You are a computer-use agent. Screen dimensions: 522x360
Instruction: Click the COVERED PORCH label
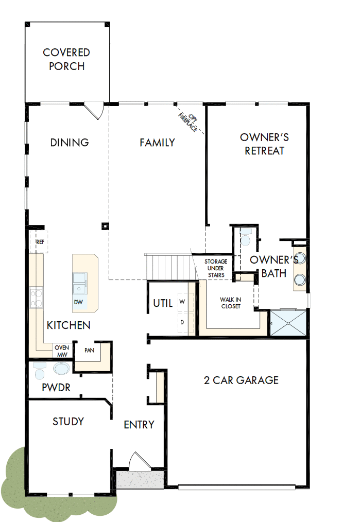coord(66,59)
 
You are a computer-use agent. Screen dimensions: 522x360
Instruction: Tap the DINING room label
coord(70,143)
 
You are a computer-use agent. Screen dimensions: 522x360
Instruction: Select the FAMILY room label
coord(157,143)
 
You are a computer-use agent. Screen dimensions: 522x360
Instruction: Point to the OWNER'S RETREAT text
coord(264,144)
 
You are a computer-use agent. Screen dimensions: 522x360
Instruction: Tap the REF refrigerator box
coord(40,242)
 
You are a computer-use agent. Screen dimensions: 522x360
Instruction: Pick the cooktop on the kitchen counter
coord(36,298)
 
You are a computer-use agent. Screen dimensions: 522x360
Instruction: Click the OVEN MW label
coord(61,351)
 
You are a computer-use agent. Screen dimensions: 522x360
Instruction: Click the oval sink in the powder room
coord(61,369)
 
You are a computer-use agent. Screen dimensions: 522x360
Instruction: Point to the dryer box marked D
coord(182,322)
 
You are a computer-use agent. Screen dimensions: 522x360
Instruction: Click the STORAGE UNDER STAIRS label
coord(216,268)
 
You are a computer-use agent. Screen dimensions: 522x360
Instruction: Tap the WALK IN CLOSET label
coord(231,303)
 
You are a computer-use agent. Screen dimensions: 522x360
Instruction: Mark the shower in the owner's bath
coord(288,322)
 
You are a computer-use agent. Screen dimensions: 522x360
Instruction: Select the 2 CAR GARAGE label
coord(241,380)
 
